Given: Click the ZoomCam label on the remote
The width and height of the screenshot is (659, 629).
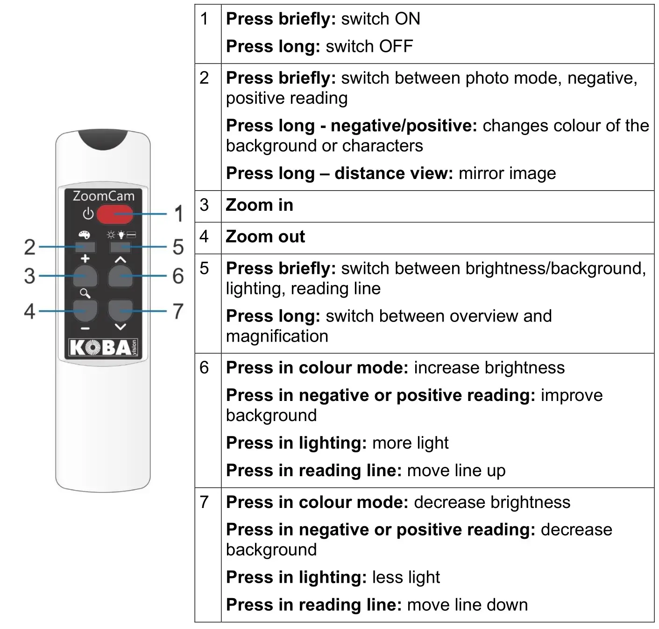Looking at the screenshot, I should pyautogui.click(x=103, y=196).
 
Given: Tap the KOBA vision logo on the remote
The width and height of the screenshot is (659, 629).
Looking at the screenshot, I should pyautogui.click(x=103, y=347).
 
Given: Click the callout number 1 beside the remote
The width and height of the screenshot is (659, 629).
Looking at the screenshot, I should pyautogui.click(x=178, y=214).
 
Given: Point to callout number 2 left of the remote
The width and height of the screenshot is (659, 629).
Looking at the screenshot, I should pyautogui.click(x=29, y=247).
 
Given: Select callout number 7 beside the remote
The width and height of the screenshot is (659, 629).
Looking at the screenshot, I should pyautogui.click(x=178, y=311).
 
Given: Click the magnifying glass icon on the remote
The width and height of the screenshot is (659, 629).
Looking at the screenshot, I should pyautogui.click(x=85, y=293).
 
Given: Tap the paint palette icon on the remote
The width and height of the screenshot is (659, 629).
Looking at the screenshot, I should pyautogui.click(x=84, y=235).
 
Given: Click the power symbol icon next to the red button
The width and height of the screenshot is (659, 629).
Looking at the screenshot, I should pyautogui.click(x=88, y=214).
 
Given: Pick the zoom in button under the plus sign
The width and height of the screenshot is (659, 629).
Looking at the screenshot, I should pyautogui.click(x=85, y=276).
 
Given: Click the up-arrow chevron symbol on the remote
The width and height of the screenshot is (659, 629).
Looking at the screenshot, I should pyautogui.click(x=120, y=259).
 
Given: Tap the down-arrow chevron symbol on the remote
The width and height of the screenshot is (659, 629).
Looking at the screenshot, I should pyautogui.click(x=120, y=327).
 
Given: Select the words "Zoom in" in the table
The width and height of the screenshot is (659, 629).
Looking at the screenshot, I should pyautogui.click(x=259, y=205).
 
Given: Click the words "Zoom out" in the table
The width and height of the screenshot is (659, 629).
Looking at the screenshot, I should pyautogui.click(x=265, y=237).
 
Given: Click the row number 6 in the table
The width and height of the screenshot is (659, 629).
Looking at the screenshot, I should pyautogui.click(x=204, y=368).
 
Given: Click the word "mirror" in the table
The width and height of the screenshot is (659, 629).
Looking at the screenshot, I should pyautogui.click(x=482, y=173).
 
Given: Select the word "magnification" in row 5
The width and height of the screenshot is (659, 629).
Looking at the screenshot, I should pyautogui.click(x=277, y=336).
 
